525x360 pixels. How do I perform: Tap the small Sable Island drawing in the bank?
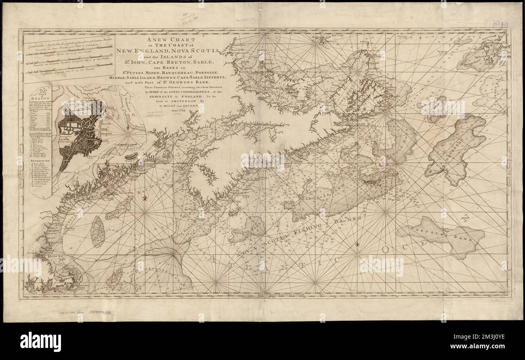click(x=371, y=182)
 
